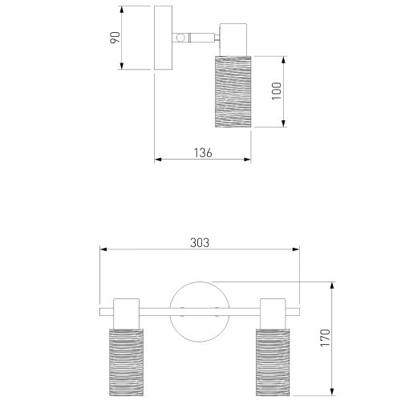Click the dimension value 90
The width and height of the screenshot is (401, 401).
(x=115, y=38)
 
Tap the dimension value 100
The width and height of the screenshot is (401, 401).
(x=277, y=91)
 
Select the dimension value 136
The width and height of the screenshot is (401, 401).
(x=203, y=153)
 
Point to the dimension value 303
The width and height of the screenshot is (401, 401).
(x=200, y=243)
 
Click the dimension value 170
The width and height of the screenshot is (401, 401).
(x=326, y=338)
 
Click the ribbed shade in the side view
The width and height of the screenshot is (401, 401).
(x=233, y=91)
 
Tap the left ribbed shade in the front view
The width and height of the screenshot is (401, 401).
(x=126, y=363)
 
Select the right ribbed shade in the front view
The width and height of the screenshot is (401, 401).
(x=273, y=363)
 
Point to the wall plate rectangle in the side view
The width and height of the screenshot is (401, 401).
(x=163, y=38)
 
